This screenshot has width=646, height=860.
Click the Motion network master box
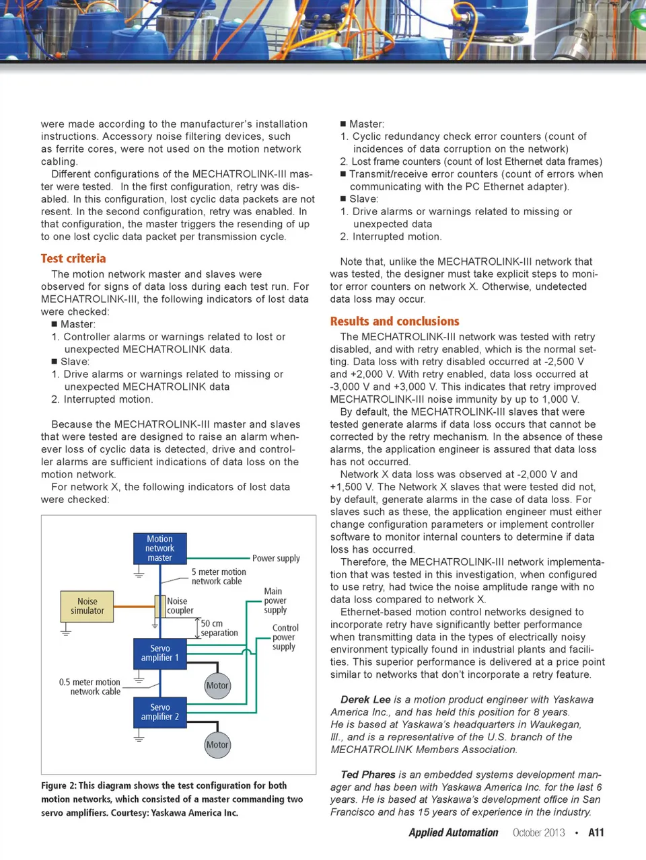pyautogui.click(x=159, y=548)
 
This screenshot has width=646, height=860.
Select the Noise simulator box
pyautogui.click(x=87, y=606)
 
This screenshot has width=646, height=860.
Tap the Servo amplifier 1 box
pyautogui.click(x=159, y=653)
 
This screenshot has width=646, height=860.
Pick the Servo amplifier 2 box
pyautogui.click(x=159, y=712)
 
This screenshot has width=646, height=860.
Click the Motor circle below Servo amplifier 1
pyautogui.click(x=217, y=685)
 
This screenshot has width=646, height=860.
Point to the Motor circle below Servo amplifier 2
pyautogui.click(x=217, y=744)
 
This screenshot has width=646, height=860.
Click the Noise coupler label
pyautogui.click(x=180, y=606)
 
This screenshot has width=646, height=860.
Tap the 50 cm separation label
pyautogui.click(x=219, y=628)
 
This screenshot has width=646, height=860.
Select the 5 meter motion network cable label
pyautogui.click(x=219, y=576)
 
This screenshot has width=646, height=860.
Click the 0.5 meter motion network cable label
pyautogui.click(x=89, y=687)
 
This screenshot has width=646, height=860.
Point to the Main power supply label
pyautogui.click(x=275, y=600)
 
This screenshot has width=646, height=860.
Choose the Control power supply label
pyautogui.click(x=285, y=637)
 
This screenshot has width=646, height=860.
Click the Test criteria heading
pyautogui.click(x=73, y=258)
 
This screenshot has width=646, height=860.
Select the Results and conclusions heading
pyautogui.click(x=394, y=321)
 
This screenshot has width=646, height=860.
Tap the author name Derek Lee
pyautogui.click(x=365, y=699)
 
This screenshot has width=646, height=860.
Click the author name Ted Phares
pyautogui.click(x=368, y=775)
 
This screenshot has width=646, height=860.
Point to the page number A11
pyautogui.click(x=596, y=832)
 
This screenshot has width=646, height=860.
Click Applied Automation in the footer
pyautogui.click(x=454, y=832)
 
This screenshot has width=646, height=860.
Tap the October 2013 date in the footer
pyautogui.click(x=538, y=832)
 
